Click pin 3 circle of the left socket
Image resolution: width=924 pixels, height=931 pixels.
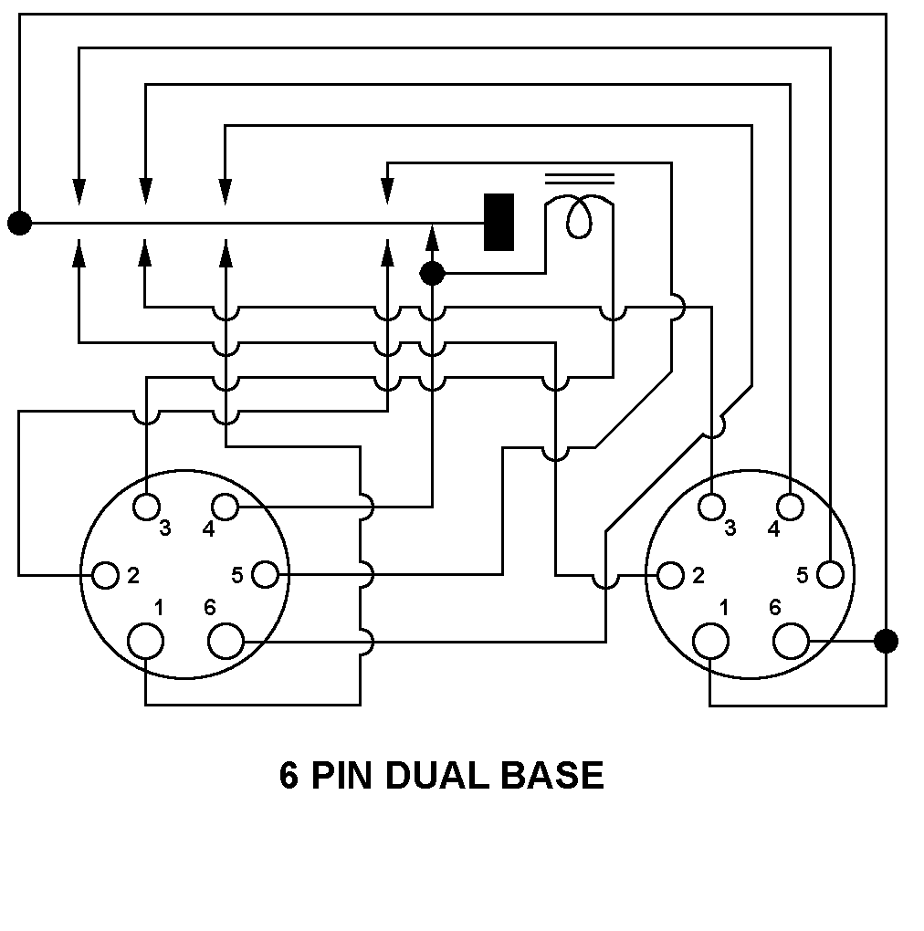[x=146, y=505]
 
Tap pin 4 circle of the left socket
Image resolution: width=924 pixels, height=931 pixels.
[x=226, y=505]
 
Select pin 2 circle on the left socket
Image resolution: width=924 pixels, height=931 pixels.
[x=106, y=575]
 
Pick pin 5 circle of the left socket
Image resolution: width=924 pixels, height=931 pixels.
[x=265, y=575]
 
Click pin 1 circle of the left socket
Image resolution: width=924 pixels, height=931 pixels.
[x=146, y=641]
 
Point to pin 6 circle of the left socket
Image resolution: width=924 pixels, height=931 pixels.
[x=226, y=641]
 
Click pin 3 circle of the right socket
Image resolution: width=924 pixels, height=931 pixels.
[x=711, y=505]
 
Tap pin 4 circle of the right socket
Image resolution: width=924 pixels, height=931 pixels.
[x=791, y=505]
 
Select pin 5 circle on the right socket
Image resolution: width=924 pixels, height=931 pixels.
[x=830, y=575]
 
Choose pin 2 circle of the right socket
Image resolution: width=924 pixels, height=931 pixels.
[x=671, y=575]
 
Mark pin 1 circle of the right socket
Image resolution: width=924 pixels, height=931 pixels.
[x=711, y=641]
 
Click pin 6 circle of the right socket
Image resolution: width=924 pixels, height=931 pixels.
[x=791, y=641]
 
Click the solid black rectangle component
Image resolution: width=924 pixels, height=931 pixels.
[x=499, y=222]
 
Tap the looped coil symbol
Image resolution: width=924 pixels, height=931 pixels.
[x=579, y=217]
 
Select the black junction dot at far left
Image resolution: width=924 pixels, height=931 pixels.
[x=19, y=222]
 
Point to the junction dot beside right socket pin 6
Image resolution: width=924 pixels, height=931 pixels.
[x=886, y=641]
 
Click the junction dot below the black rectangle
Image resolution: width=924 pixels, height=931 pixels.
[x=432, y=272]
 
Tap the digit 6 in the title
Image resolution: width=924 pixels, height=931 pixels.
[x=289, y=776]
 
